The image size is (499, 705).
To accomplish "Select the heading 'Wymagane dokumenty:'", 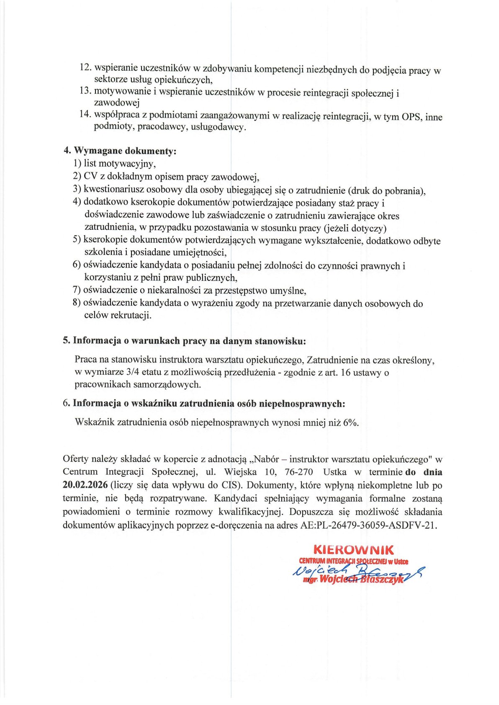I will (125, 151).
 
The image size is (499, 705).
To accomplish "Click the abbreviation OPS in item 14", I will (412, 117).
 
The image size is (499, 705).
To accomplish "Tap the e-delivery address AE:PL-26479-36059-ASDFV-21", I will (368, 525).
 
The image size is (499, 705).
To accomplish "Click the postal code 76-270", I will (298, 472).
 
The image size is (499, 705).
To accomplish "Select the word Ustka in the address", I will (334, 472).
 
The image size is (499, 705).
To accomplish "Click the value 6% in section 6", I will (350, 422).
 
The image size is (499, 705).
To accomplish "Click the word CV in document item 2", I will (90, 176).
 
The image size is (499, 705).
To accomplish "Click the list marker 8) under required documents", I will (76, 303).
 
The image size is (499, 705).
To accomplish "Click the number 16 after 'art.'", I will (346, 372).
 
